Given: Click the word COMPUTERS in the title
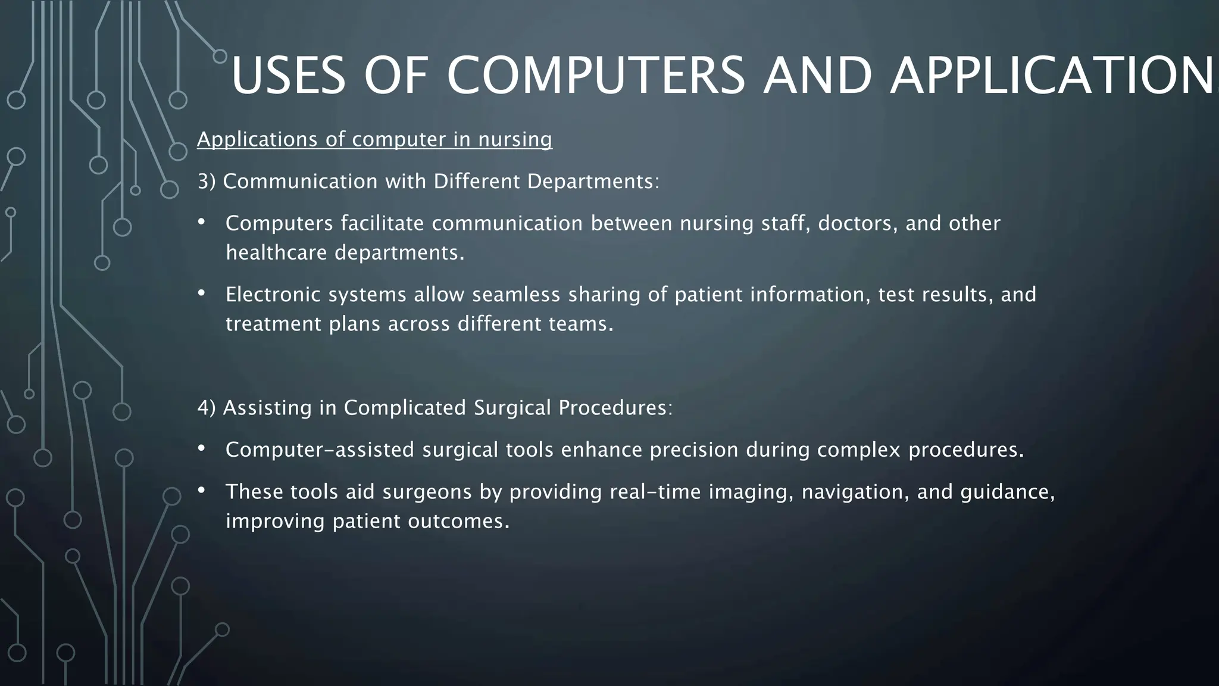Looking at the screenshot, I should [x=595, y=76].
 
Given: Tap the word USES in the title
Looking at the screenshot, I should [x=288, y=76].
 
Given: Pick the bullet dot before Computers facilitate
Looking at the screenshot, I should [x=201, y=222].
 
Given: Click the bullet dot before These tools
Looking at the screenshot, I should [x=201, y=490].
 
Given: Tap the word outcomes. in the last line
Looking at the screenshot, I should [x=459, y=522].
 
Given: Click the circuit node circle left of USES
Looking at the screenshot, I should [x=220, y=57].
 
